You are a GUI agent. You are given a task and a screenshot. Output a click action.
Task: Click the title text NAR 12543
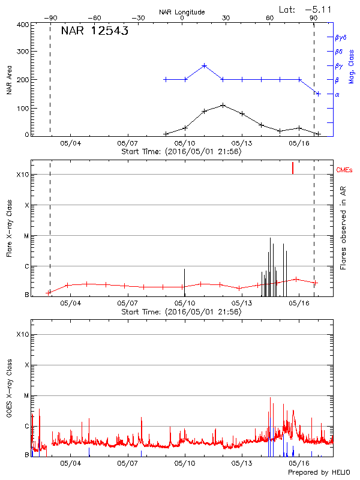pyautogui.click(x=95, y=32)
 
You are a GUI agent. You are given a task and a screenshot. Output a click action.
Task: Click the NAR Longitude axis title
pyautogui.click(x=182, y=12)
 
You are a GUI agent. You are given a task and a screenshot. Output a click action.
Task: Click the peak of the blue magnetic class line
pyautogui.click(x=204, y=65)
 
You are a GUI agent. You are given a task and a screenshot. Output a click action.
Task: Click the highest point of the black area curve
pyautogui.click(x=223, y=105)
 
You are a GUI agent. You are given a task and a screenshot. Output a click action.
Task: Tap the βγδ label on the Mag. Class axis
pyautogui.click(x=340, y=37)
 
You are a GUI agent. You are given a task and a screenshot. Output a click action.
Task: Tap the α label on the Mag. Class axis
pyautogui.click(x=337, y=94)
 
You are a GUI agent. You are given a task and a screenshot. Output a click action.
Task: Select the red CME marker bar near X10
pyautogui.click(x=293, y=168)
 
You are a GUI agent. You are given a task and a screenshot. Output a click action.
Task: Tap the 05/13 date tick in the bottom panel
pyautogui.click(x=241, y=463)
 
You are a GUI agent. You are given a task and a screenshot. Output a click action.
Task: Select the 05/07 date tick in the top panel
pyautogui.click(x=127, y=143)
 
